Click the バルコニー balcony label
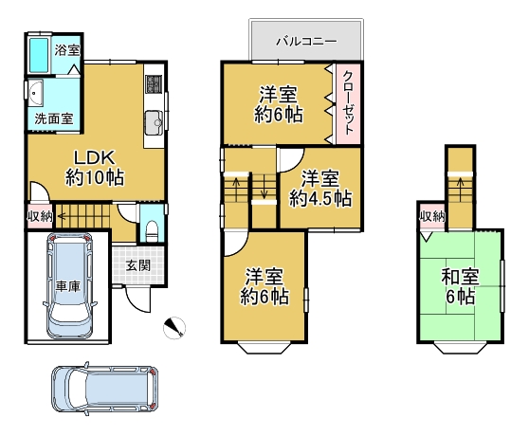[x=306, y=41]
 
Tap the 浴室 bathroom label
[x=67, y=50]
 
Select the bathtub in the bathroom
[x=39, y=55]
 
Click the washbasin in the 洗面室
[x=35, y=93]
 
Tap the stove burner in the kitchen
[x=154, y=84]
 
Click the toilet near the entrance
[x=152, y=231]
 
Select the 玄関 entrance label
[x=138, y=265]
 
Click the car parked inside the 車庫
[x=69, y=285]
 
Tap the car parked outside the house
[x=104, y=389]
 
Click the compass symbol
[x=174, y=328]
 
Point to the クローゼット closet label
[x=348, y=102]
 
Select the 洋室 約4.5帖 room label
[x=320, y=189]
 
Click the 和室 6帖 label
[x=460, y=286]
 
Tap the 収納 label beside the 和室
[x=432, y=216]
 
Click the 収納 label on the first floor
[x=40, y=216]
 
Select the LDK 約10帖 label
[x=95, y=168]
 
